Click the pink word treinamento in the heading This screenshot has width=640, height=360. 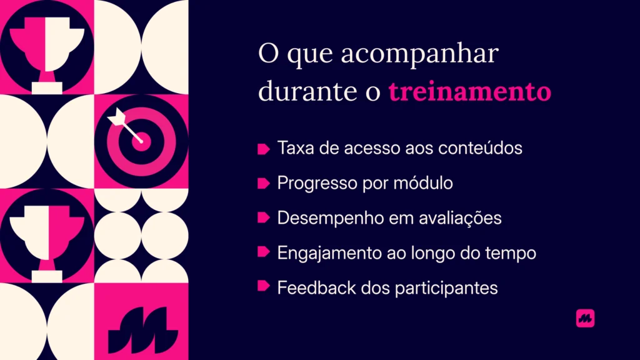coord(469,92)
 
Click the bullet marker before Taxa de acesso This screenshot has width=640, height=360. coord(263,149)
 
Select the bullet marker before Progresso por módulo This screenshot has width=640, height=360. coord(263,183)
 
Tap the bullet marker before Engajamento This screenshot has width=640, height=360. coord(263,252)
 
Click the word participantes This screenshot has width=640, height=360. coord(446,287)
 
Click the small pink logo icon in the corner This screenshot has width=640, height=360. coord(585,318)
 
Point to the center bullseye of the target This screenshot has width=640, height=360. coord(141,140)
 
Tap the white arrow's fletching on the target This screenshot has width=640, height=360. coord(116,117)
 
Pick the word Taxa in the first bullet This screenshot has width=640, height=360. coord(292,149)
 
